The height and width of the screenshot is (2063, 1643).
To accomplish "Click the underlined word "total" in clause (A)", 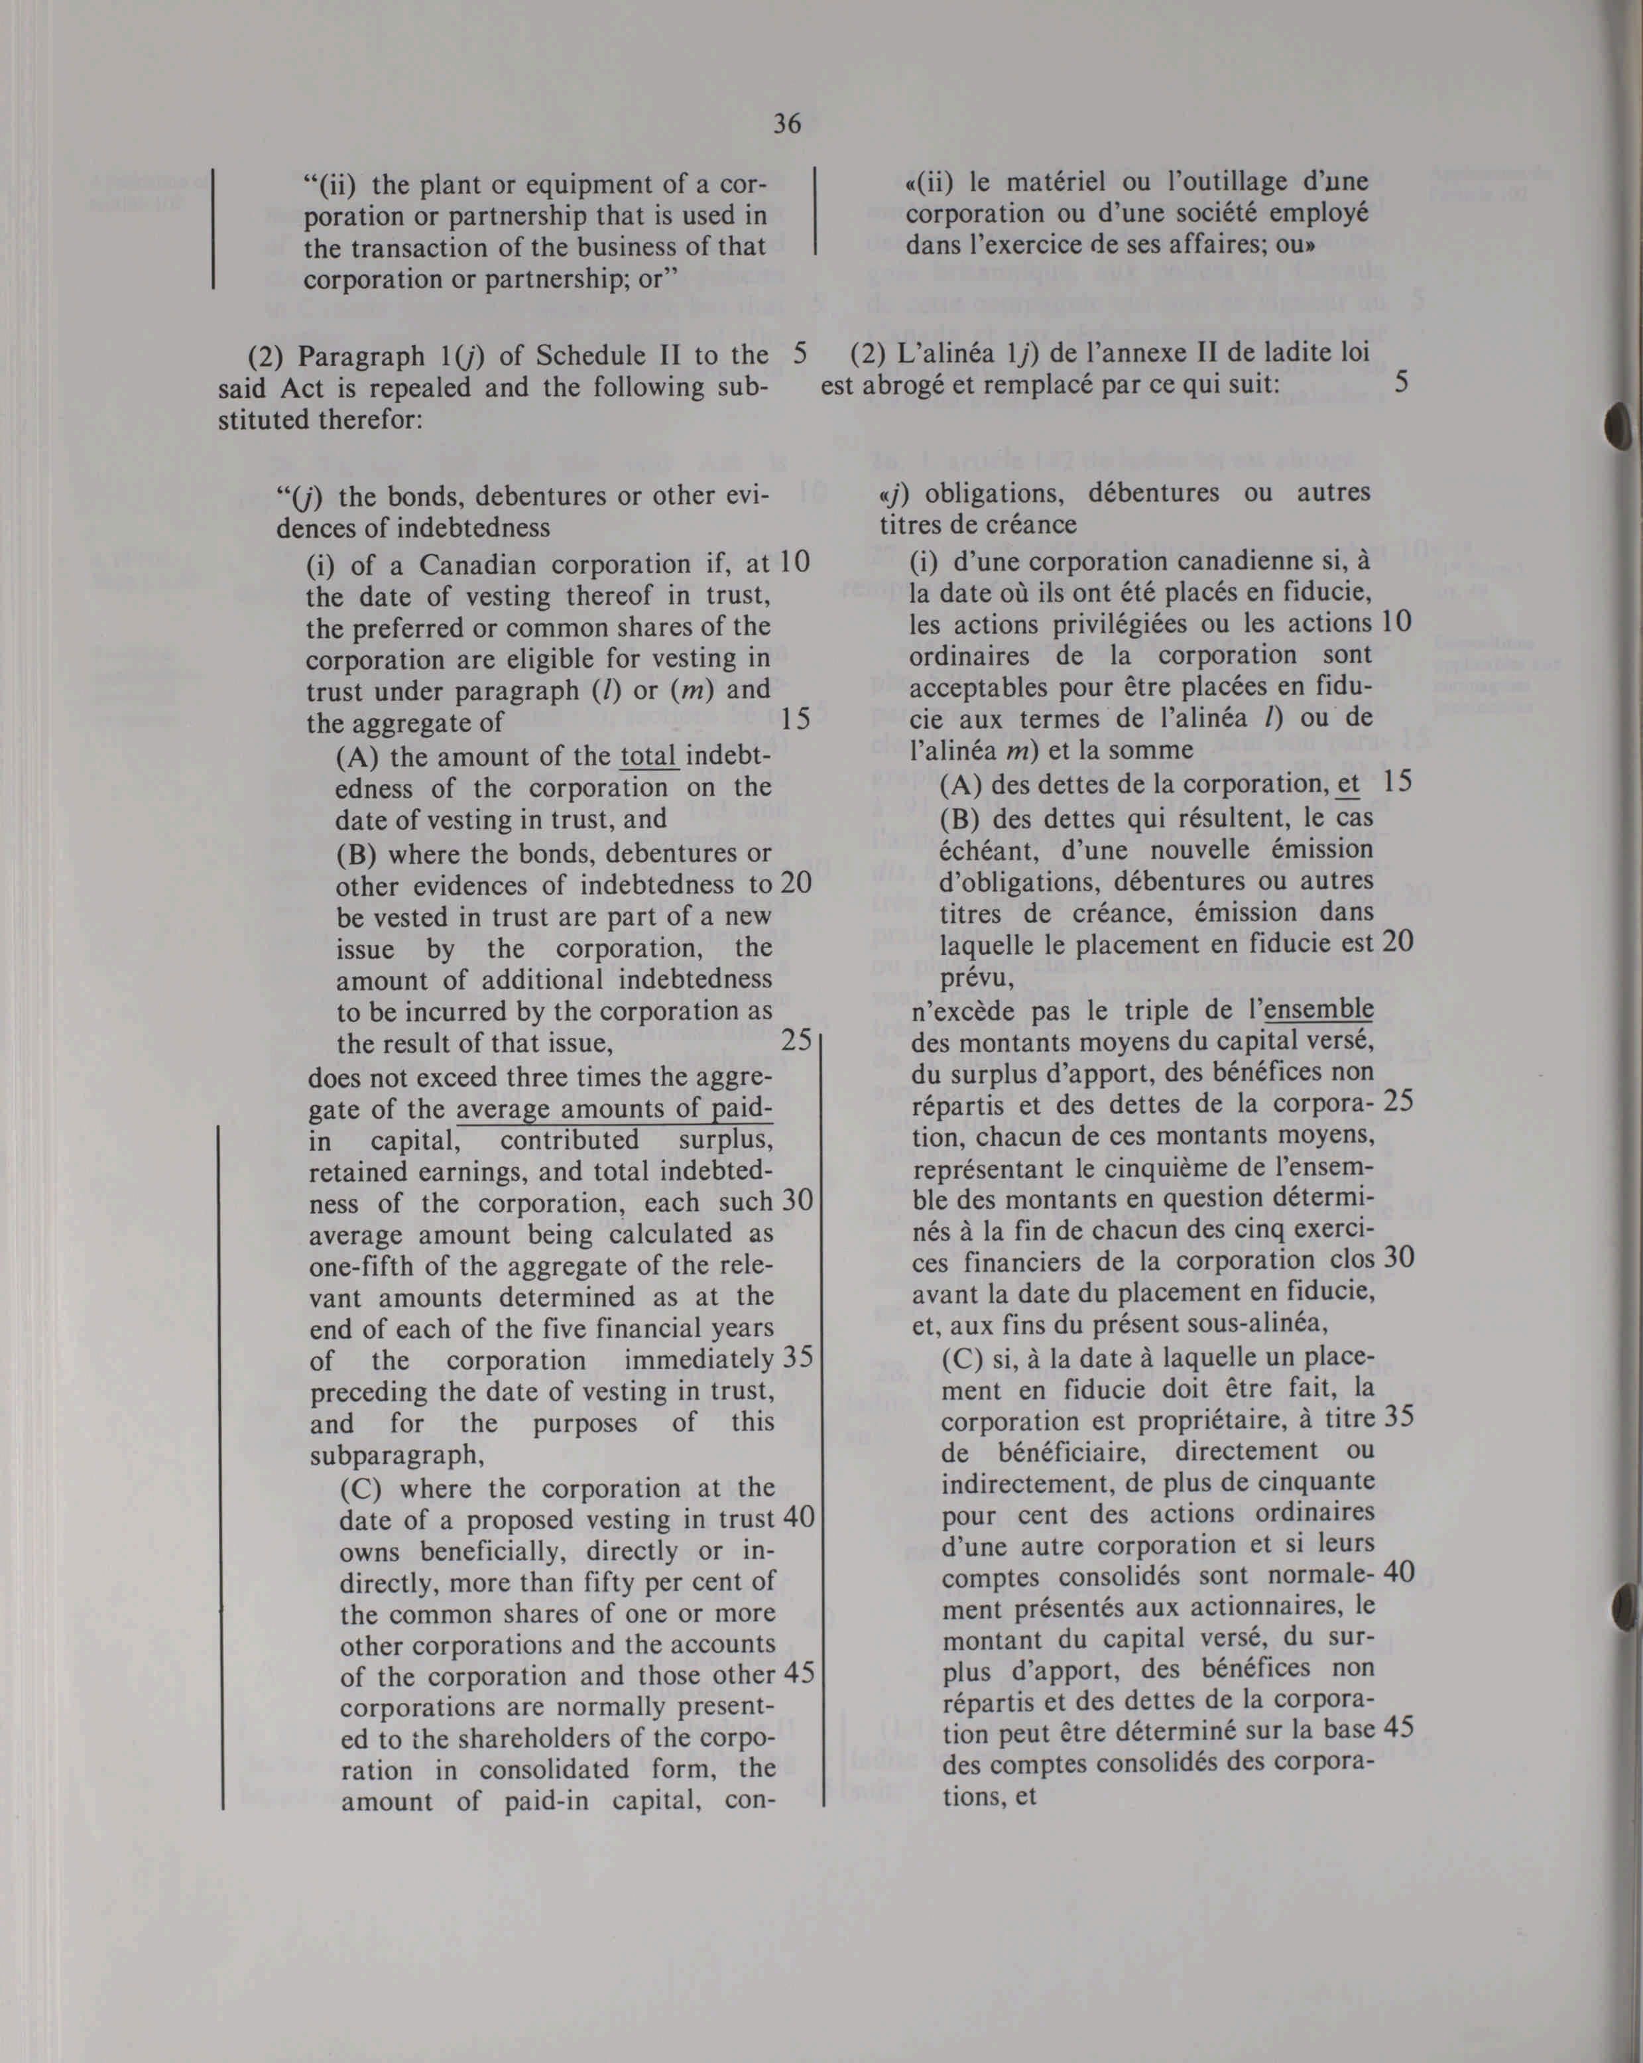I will (650, 757).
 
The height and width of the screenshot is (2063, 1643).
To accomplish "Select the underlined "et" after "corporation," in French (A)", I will (1348, 784).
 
